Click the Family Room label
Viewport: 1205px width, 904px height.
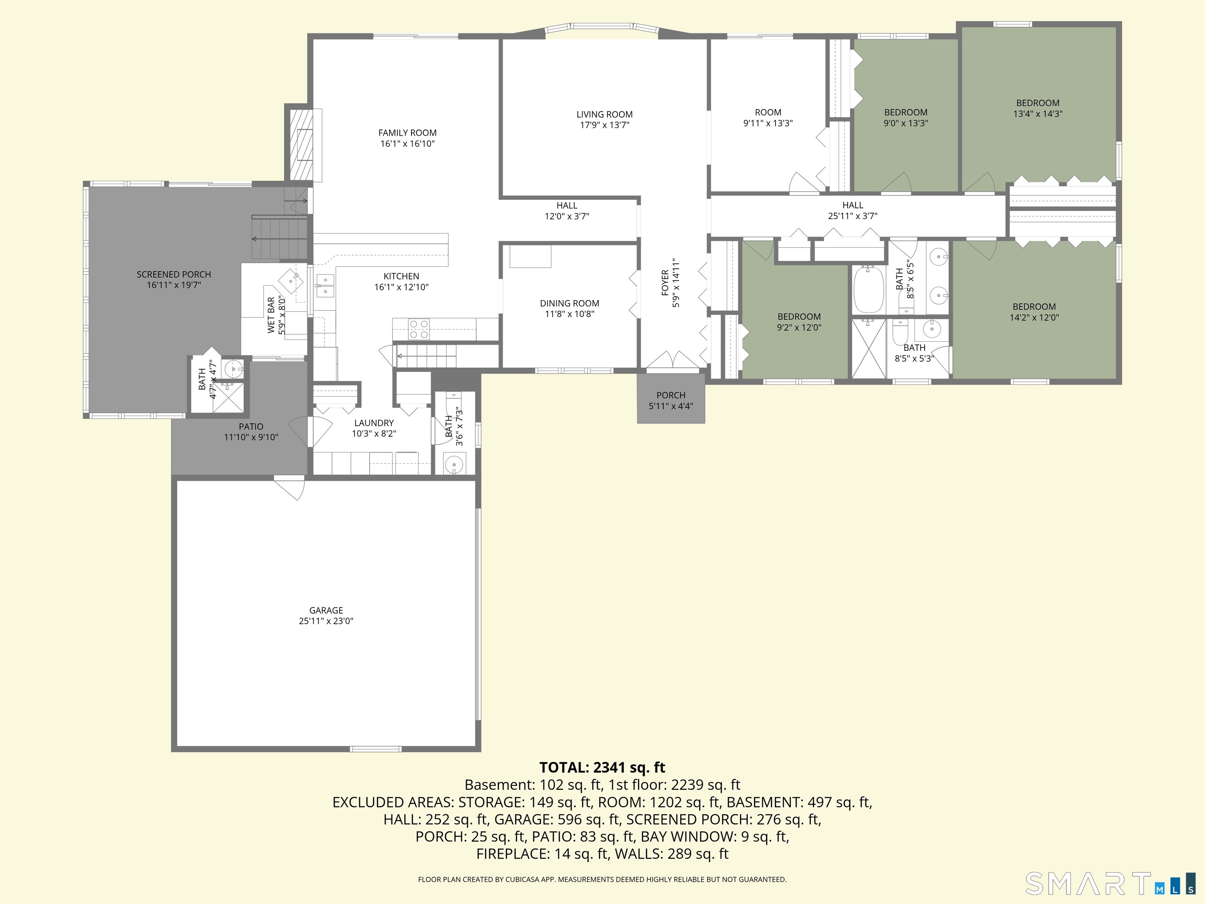coord(408,132)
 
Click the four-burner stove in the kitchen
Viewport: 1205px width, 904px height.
coord(419,329)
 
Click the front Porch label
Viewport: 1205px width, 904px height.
coord(671,395)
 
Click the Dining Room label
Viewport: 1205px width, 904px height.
coord(569,303)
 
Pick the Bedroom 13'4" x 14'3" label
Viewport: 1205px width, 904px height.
coord(1037,103)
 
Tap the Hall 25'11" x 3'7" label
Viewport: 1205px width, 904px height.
coord(852,205)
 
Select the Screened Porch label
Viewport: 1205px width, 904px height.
coord(174,274)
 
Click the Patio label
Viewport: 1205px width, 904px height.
coord(251,426)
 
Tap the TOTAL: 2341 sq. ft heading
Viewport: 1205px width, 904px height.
coord(602,767)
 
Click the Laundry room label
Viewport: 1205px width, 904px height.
coord(374,423)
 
